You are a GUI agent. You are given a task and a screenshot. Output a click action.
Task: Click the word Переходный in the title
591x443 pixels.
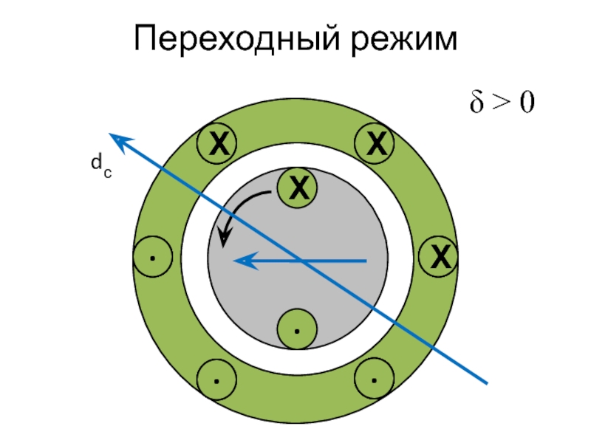tap(235, 39)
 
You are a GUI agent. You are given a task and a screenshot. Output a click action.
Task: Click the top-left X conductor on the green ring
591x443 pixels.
tap(216, 142)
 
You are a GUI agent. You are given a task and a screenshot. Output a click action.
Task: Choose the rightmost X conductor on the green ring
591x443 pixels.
tap(440, 258)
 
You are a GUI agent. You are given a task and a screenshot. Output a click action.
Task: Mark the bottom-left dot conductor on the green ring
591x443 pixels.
tap(216, 380)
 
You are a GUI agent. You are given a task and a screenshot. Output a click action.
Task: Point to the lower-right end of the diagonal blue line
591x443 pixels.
tap(487, 382)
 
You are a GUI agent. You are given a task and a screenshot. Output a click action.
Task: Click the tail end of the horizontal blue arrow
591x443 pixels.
tap(366, 261)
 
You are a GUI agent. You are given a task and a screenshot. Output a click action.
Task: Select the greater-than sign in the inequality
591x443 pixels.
tap(501, 103)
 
